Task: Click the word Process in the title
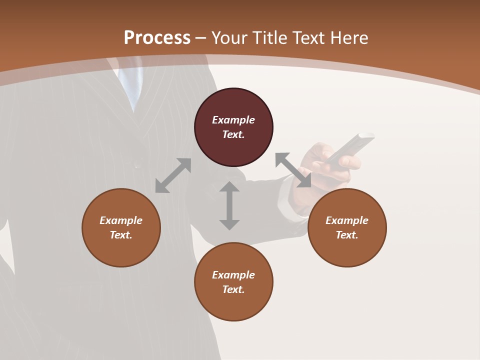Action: [x=157, y=38]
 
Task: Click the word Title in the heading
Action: [x=270, y=38]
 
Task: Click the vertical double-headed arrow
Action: [x=229, y=205]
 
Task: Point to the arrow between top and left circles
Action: [x=173, y=175]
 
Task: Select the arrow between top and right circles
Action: [x=293, y=170]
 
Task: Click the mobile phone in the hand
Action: [x=350, y=147]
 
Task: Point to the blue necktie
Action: [x=131, y=85]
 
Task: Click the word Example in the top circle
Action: [x=233, y=120]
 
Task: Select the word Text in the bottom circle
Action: [x=233, y=289]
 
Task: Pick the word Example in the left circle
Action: [x=121, y=220]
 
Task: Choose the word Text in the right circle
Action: [x=346, y=235]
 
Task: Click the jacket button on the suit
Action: [x=136, y=163]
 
